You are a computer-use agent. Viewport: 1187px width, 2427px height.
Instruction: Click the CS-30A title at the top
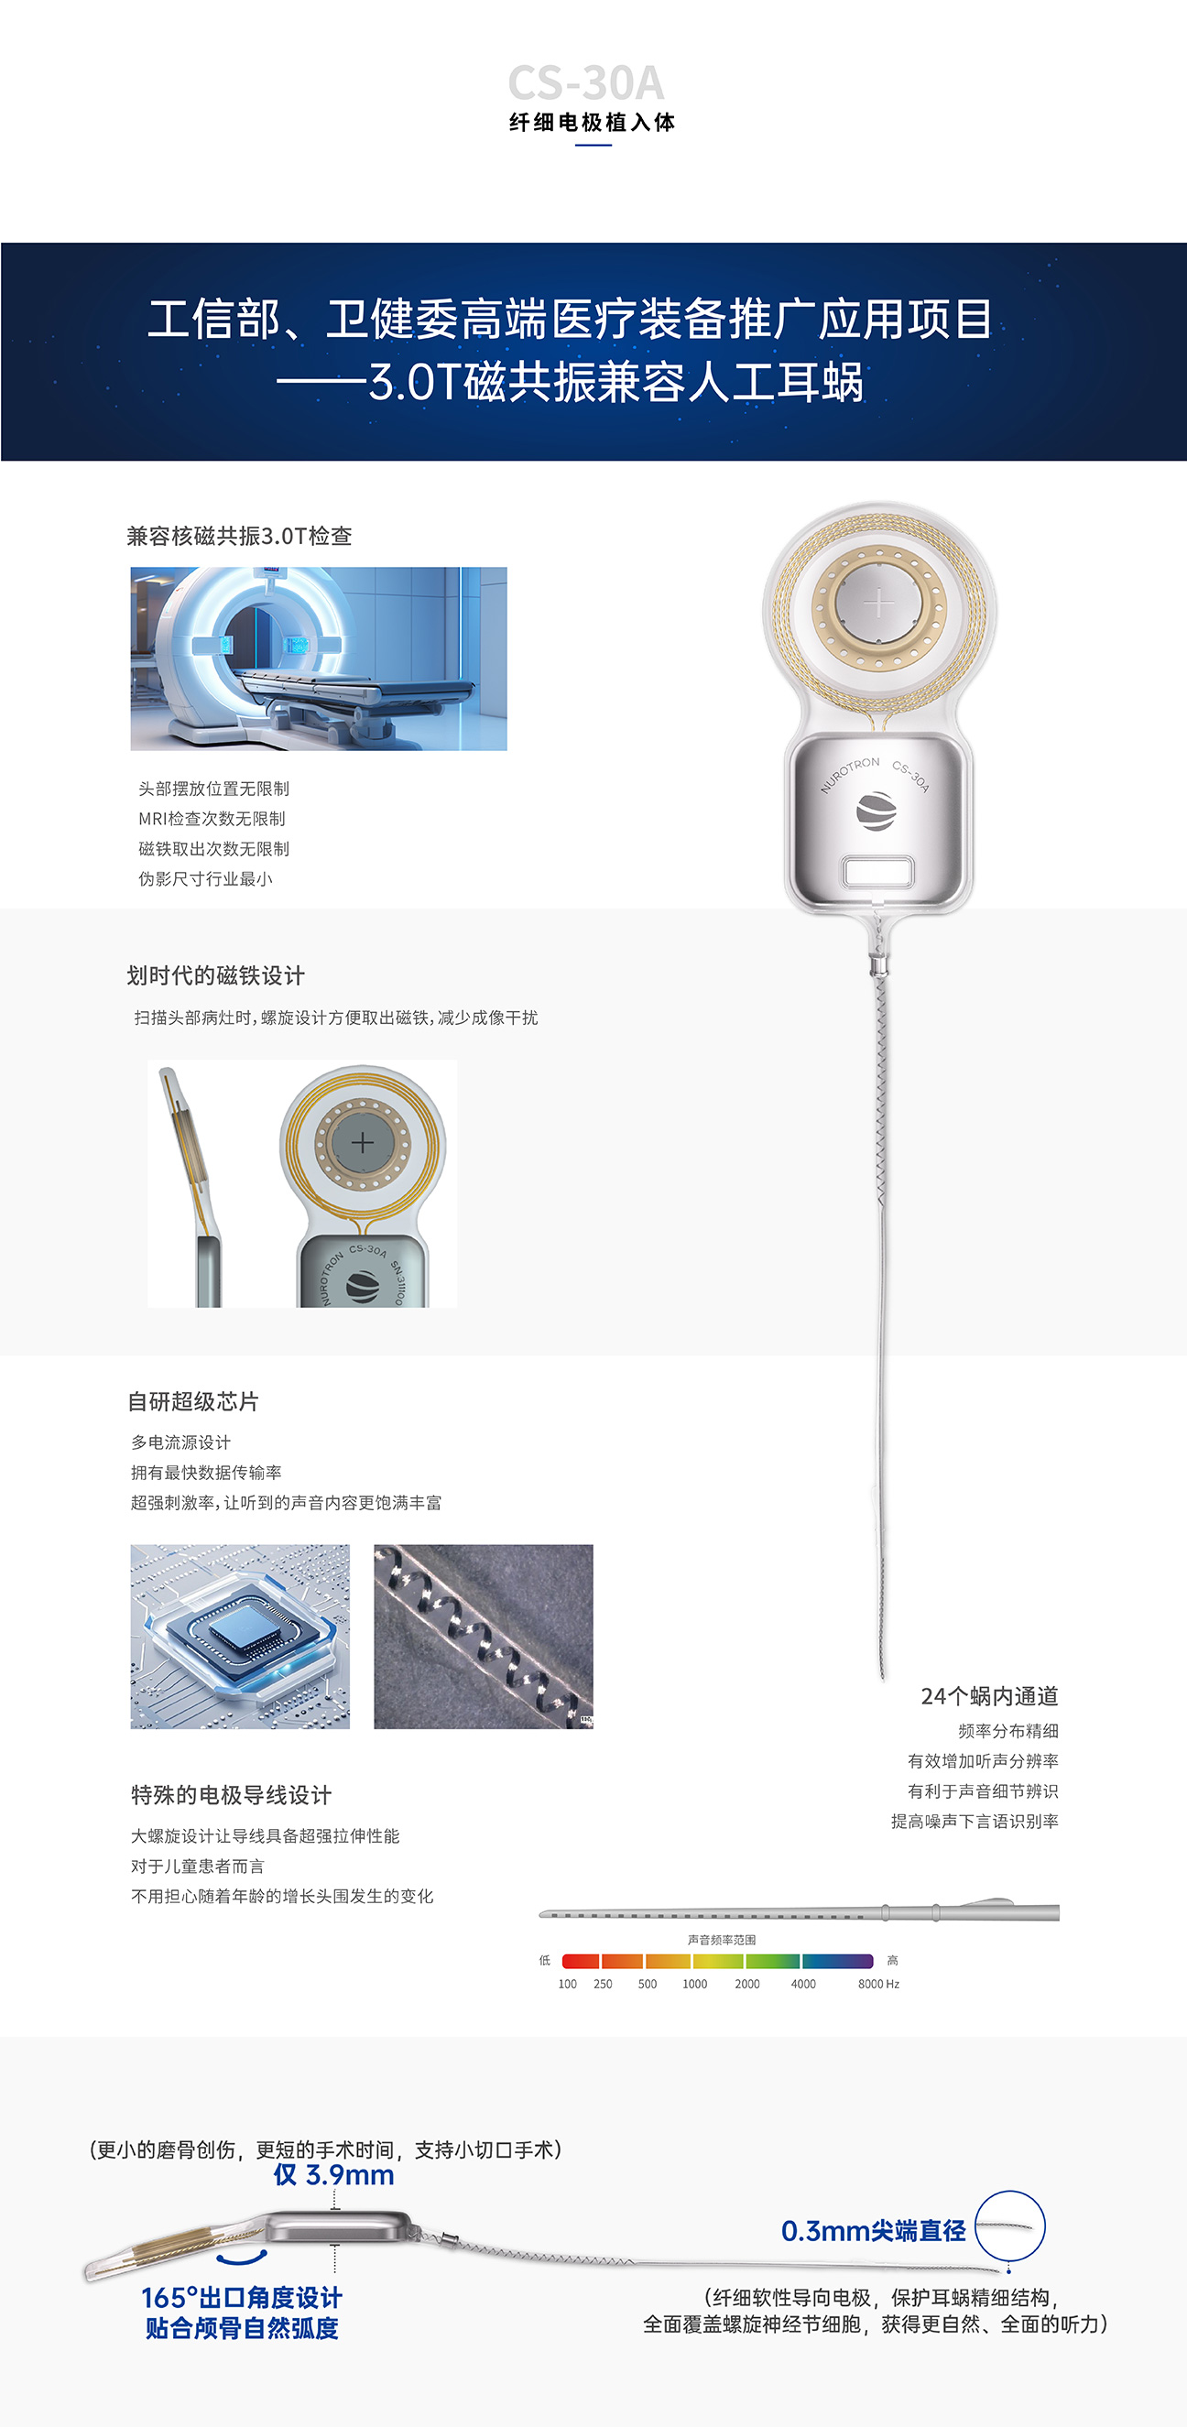tap(586, 83)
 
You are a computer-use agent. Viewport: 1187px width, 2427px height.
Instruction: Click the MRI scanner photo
tap(319, 658)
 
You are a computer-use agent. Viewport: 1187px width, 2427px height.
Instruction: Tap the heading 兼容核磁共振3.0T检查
tap(239, 536)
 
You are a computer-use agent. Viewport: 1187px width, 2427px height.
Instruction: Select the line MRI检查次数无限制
tap(212, 819)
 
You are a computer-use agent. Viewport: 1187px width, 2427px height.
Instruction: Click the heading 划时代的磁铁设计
tap(216, 975)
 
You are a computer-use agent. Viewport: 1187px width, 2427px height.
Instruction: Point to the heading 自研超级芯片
tap(193, 1401)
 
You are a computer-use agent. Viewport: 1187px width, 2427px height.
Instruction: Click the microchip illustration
tap(240, 1637)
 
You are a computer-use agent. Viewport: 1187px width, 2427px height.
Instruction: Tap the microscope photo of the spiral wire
tap(484, 1637)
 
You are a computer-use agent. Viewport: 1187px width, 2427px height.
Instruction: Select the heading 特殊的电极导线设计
tap(232, 1795)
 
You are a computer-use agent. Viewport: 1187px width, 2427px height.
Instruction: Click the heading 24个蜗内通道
tap(989, 1696)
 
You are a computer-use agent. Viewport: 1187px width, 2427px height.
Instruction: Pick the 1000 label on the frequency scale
tap(695, 1983)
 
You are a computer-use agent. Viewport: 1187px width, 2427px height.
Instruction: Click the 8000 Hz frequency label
tap(878, 1983)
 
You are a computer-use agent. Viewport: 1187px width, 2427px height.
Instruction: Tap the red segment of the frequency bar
tap(582, 1961)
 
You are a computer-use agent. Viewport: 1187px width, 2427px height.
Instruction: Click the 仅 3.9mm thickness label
tap(333, 2175)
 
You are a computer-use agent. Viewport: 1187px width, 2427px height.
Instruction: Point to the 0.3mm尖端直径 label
tap(873, 2231)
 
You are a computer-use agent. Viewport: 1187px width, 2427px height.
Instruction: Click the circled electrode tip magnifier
tap(1010, 2226)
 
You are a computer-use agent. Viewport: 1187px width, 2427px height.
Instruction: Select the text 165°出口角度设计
tap(242, 2298)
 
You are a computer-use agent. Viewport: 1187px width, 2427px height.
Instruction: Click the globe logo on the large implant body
tap(877, 811)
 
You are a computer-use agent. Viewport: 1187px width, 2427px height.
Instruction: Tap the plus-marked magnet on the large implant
tap(878, 603)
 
